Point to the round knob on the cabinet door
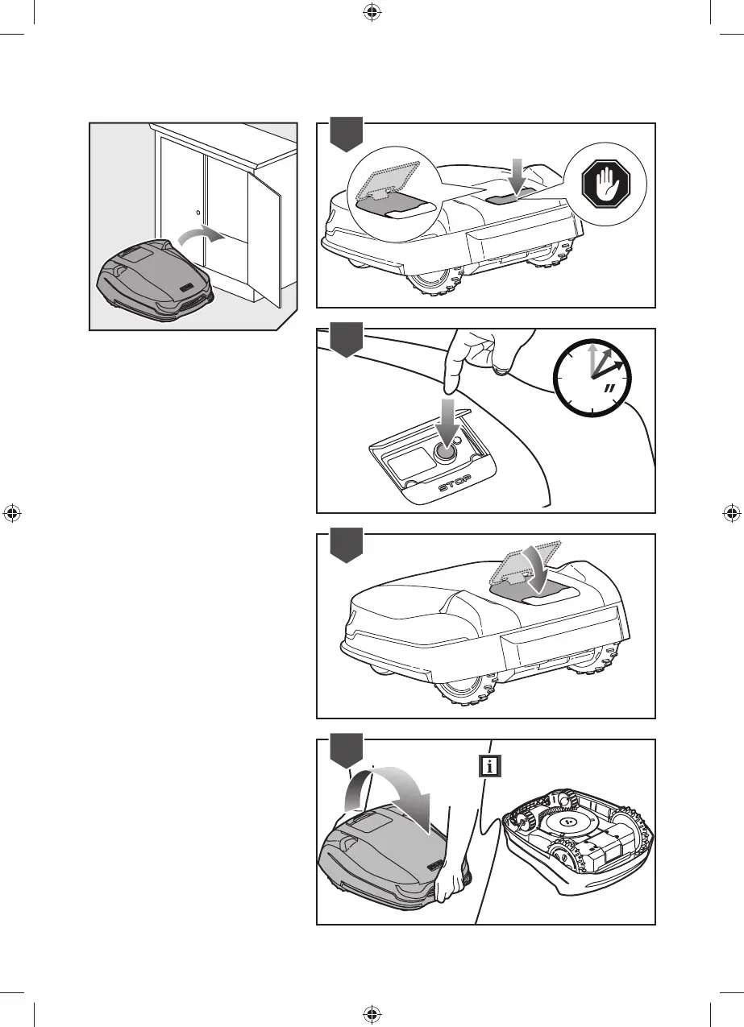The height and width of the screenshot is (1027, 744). [198, 213]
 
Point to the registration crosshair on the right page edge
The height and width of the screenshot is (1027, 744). [730, 512]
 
